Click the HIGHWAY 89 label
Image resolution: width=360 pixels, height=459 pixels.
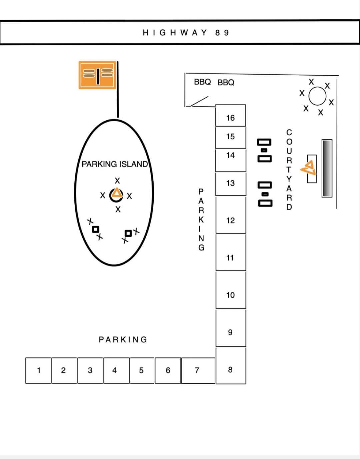pos(186,33)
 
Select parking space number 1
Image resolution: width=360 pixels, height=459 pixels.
pos(38,370)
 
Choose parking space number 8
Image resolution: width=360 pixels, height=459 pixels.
pos(231,366)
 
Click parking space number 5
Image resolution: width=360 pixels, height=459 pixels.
pos(142,370)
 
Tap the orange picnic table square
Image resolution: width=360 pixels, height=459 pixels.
pos(97,75)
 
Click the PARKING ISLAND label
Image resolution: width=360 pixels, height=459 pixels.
pos(115,164)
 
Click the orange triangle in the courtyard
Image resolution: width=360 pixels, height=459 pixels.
pos(309,168)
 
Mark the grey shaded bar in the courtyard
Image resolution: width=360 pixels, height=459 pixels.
pos(327,168)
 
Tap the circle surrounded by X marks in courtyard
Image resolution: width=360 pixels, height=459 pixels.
pos(317,96)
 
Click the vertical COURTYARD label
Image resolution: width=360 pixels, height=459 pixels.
pos(289,170)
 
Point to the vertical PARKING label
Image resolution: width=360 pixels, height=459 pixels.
pos(201,220)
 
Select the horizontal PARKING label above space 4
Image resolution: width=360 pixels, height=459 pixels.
pos(123,339)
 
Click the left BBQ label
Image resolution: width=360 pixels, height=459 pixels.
pos(202,82)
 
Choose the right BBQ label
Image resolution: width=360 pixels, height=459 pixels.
pos(226,82)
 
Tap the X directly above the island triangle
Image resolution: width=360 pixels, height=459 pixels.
pos(117,181)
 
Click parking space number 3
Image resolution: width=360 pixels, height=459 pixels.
pos(90,370)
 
